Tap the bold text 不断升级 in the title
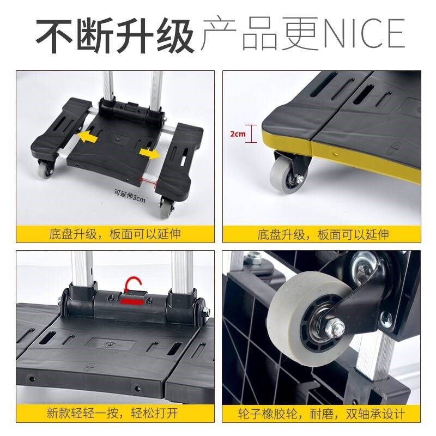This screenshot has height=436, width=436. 115,35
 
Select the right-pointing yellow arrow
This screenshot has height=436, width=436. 149,154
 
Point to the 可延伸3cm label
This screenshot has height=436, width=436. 130,195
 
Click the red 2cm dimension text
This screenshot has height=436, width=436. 238,134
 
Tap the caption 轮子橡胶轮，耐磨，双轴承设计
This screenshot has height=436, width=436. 321,414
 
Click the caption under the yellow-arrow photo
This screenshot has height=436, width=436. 115,234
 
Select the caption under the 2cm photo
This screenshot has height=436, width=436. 323,234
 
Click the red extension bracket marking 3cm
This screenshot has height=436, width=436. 148,182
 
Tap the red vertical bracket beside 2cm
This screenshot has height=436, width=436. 252,134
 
